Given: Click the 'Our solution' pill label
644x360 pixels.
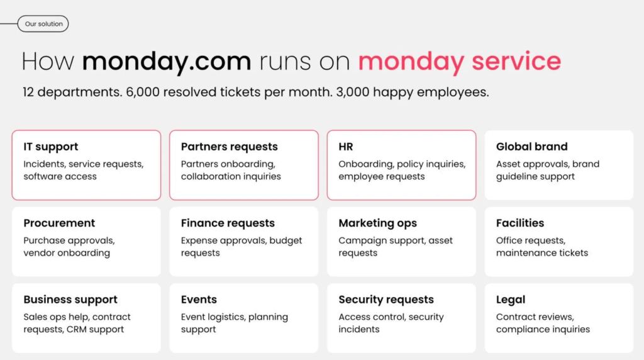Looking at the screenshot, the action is (x=43, y=24).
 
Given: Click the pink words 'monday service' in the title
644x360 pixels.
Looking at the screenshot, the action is (x=460, y=61).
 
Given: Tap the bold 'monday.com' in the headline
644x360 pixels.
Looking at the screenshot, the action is (x=166, y=61).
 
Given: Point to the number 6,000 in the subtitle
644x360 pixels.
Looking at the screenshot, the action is (x=143, y=92).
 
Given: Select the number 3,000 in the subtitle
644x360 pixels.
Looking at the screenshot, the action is (x=353, y=92).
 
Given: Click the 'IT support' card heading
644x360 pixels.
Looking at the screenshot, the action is (x=50, y=147).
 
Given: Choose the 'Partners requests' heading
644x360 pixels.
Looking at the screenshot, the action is (x=229, y=147).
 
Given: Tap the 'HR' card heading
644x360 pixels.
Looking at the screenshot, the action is (x=346, y=147).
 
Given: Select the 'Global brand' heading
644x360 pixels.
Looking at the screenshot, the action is (x=532, y=147).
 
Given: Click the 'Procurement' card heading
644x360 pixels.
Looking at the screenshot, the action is (x=59, y=223).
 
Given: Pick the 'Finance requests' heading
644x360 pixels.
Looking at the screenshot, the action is (x=228, y=223).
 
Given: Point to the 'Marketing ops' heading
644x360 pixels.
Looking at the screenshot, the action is (x=377, y=223).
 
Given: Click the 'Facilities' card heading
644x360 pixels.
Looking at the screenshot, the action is (x=520, y=223).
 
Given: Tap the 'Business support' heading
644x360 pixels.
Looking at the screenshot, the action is (x=70, y=300).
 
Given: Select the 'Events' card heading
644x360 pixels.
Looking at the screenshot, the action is (x=199, y=300).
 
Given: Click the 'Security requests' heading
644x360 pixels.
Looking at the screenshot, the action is (x=386, y=300).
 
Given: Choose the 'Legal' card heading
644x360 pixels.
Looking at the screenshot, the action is (x=511, y=300).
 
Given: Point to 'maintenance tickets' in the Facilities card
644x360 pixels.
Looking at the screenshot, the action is (x=542, y=253).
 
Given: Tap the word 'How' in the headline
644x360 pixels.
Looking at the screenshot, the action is (x=48, y=61).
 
